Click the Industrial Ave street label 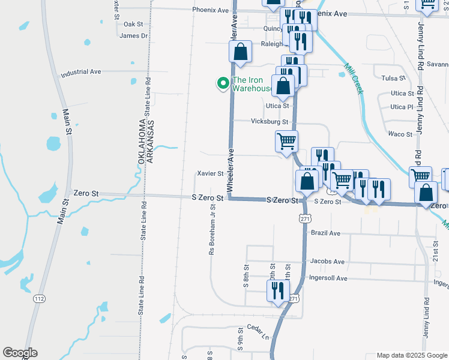tap(80, 72)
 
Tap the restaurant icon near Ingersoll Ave tap(278, 291)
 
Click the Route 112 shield tap(39, 298)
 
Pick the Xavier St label tap(210, 173)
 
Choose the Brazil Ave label tap(325, 233)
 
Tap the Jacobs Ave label tap(327, 262)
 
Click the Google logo tap(20, 353)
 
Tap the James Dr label tap(133, 36)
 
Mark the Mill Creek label tap(353, 78)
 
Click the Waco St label tap(400, 134)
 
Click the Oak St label tap(133, 25)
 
